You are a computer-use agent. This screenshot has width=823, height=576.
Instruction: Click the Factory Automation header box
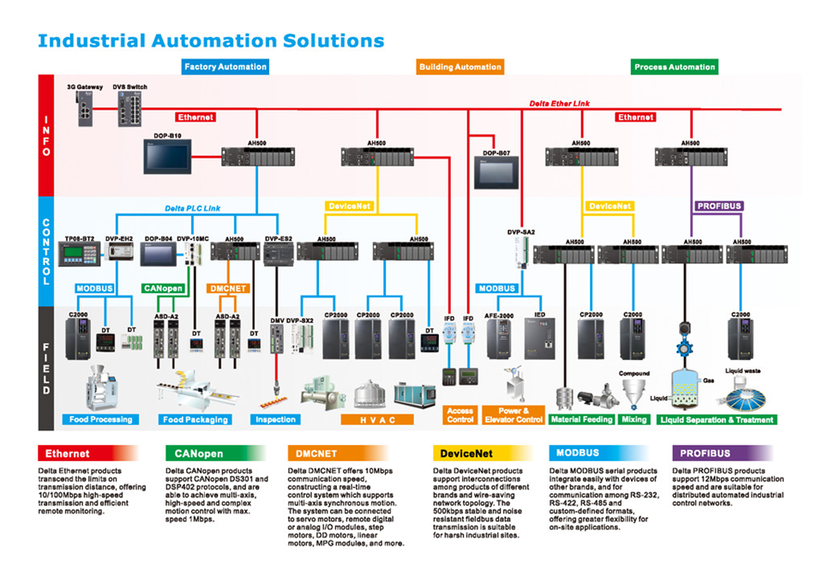[x=225, y=66]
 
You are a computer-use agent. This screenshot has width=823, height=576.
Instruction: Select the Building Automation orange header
[x=460, y=66]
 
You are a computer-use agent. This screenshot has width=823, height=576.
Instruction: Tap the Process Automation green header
[x=674, y=66]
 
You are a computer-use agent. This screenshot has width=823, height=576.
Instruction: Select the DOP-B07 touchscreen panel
[x=496, y=172]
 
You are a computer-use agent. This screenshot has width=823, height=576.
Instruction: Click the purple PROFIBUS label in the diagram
[x=718, y=206]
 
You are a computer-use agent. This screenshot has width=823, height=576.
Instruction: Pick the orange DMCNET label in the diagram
[x=227, y=289]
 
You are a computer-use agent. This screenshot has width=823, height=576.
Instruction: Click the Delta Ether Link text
[x=559, y=104]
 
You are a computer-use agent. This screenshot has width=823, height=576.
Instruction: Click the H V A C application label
[x=376, y=420]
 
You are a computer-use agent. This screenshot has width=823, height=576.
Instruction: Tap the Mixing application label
[x=634, y=419]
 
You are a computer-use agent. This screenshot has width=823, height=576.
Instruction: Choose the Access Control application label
[x=460, y=415]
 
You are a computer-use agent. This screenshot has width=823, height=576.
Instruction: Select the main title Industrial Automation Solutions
[x=211, y=40]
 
